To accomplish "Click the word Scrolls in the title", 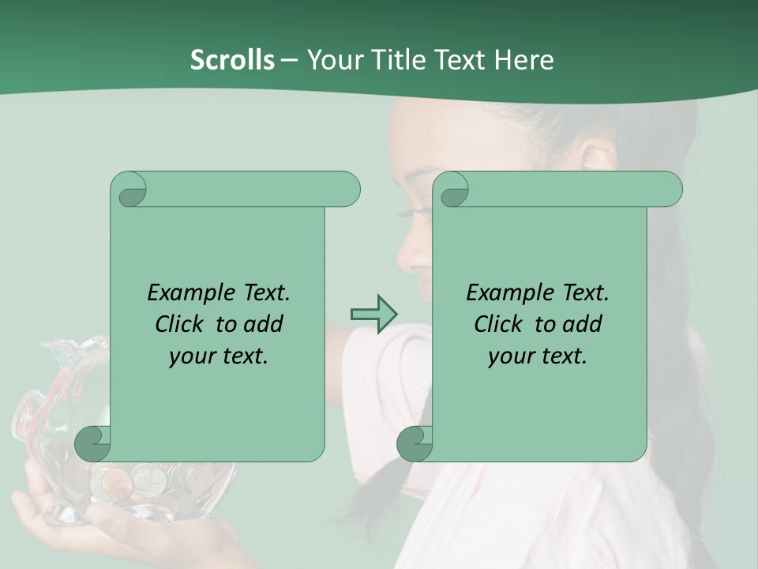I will coord(232,60).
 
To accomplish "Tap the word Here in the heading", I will coord(523,60).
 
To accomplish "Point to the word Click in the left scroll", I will coord(182,325).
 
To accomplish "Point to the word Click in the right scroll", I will coord(501,325).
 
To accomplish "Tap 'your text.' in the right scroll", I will coord(538,356).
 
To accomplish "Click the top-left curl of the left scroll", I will coord(129,190).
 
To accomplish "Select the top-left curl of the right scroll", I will coord(452,190).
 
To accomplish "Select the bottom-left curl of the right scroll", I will coord(415,444).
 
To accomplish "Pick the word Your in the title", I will coord(334,60).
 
